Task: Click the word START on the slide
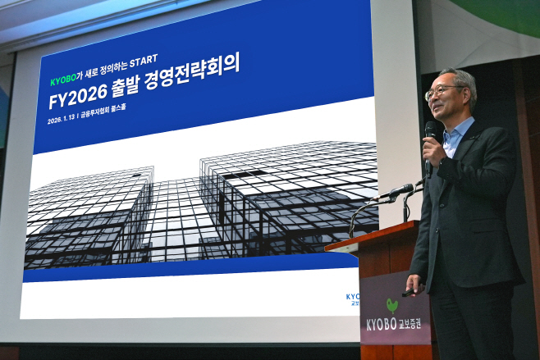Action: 143,59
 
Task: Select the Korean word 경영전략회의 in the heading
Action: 195,71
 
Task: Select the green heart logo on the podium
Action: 392,305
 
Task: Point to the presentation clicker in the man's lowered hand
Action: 408,291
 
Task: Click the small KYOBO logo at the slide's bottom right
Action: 353,298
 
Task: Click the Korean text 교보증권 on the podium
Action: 414,325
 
